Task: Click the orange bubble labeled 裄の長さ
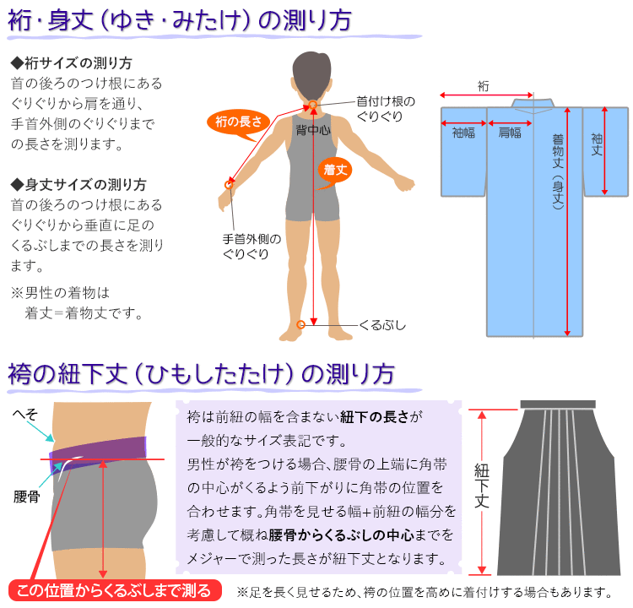click(x=238, y=122)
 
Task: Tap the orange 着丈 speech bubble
click(x=335, y=170)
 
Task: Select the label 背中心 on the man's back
click(x=313, y=130)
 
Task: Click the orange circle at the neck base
click(x=313, y=105)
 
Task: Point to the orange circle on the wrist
click(x=229, y=185)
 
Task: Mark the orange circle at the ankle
click(x=300, y=324)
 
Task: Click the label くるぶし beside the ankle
click(x=382, y=325)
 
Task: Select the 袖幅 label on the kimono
click(x=463, y=133)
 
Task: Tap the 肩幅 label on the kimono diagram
click(x=510, y=133)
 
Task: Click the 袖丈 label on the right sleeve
click(x=597, y=145)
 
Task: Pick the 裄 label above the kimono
click(x=484, y=85)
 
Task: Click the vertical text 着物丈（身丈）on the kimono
click(x=558, y=172)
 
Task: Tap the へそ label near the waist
click(x=25, y=414)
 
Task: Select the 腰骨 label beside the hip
click(x=27, y=497)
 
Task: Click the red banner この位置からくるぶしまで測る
click(x=115, y=590)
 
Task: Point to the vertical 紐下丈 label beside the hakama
click(x=482, y=486)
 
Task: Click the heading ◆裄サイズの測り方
click(x=72, y=63)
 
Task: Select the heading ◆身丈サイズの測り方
click(x=78, y=185)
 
